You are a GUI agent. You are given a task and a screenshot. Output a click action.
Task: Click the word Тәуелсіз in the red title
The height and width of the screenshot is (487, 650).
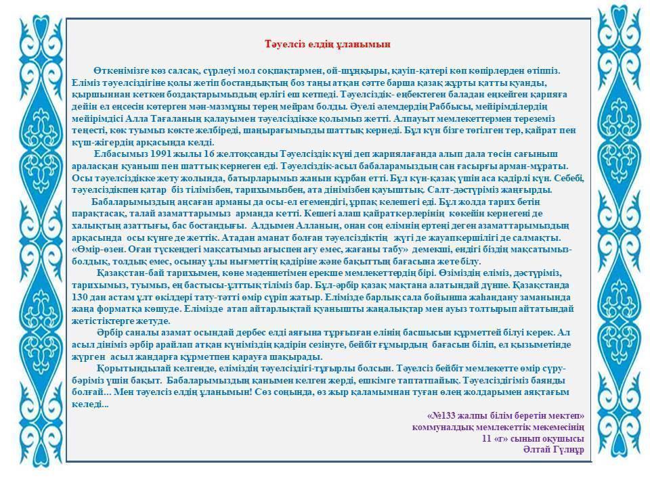[282, 44]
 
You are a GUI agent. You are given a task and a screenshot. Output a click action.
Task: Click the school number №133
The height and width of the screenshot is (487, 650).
[446, 415]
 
